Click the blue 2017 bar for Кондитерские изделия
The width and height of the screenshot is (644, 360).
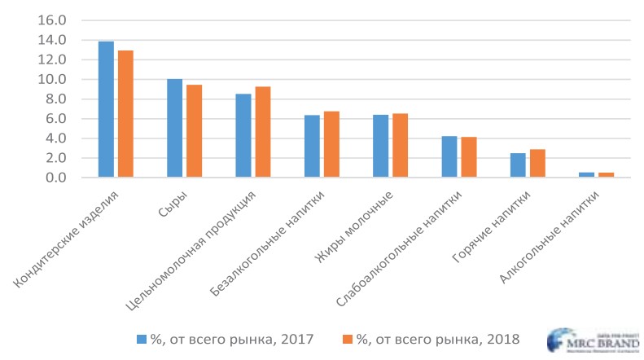click(x=106, y=109)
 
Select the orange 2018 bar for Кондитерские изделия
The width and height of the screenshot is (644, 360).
click(x=125, y=113)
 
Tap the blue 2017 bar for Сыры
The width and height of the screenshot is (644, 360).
click(x=174, y=128)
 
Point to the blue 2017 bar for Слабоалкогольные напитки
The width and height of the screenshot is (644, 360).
click(x=449, y=156)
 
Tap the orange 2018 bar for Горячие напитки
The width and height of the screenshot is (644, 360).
click(x=537, y=163)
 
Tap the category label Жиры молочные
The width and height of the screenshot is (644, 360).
click(x=355, y=229)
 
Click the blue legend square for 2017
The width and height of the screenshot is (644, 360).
click(x=142, y=337)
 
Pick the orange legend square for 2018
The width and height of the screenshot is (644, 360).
click(x=348, y=337)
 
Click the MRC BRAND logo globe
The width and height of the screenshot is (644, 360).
click(x=563, y=341)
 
